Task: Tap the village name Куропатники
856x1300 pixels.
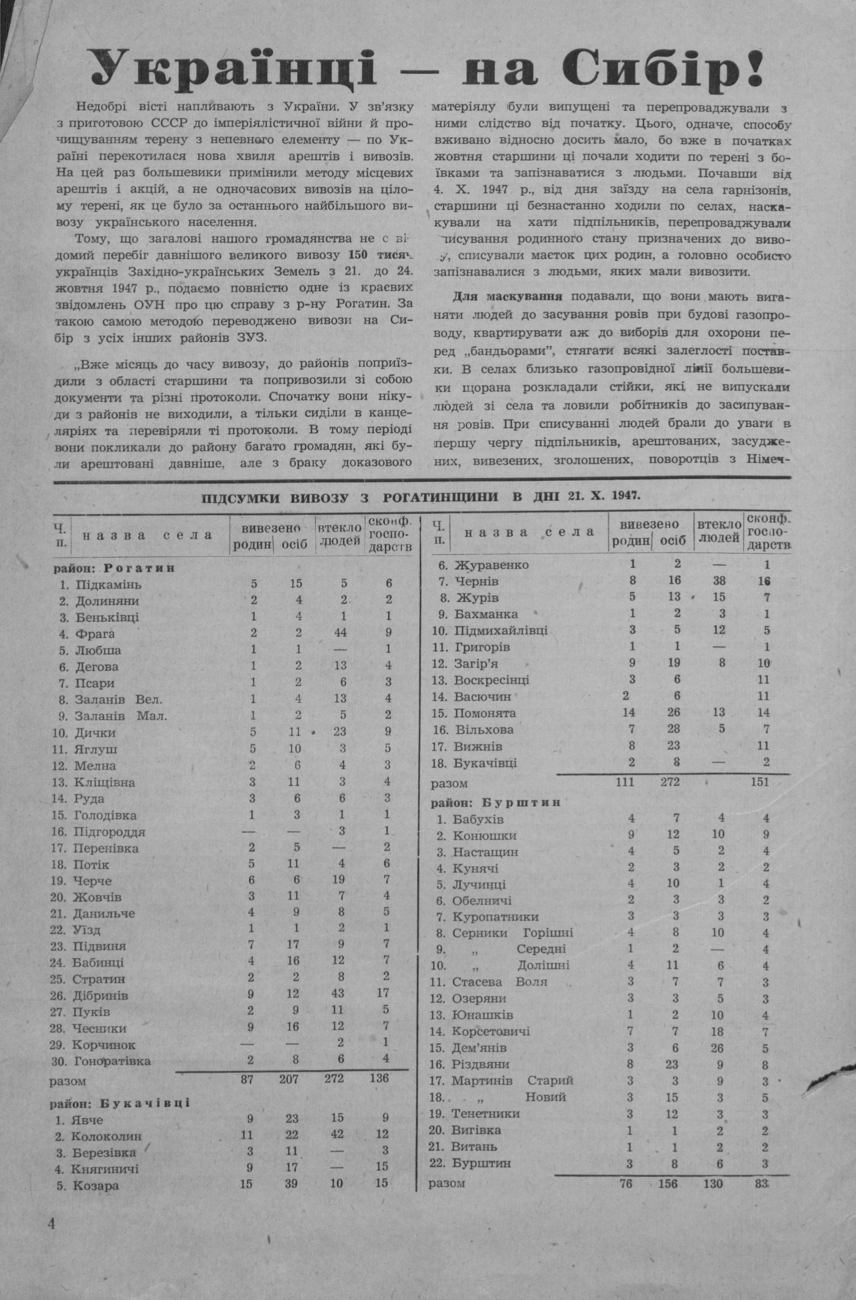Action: point(495,916)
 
